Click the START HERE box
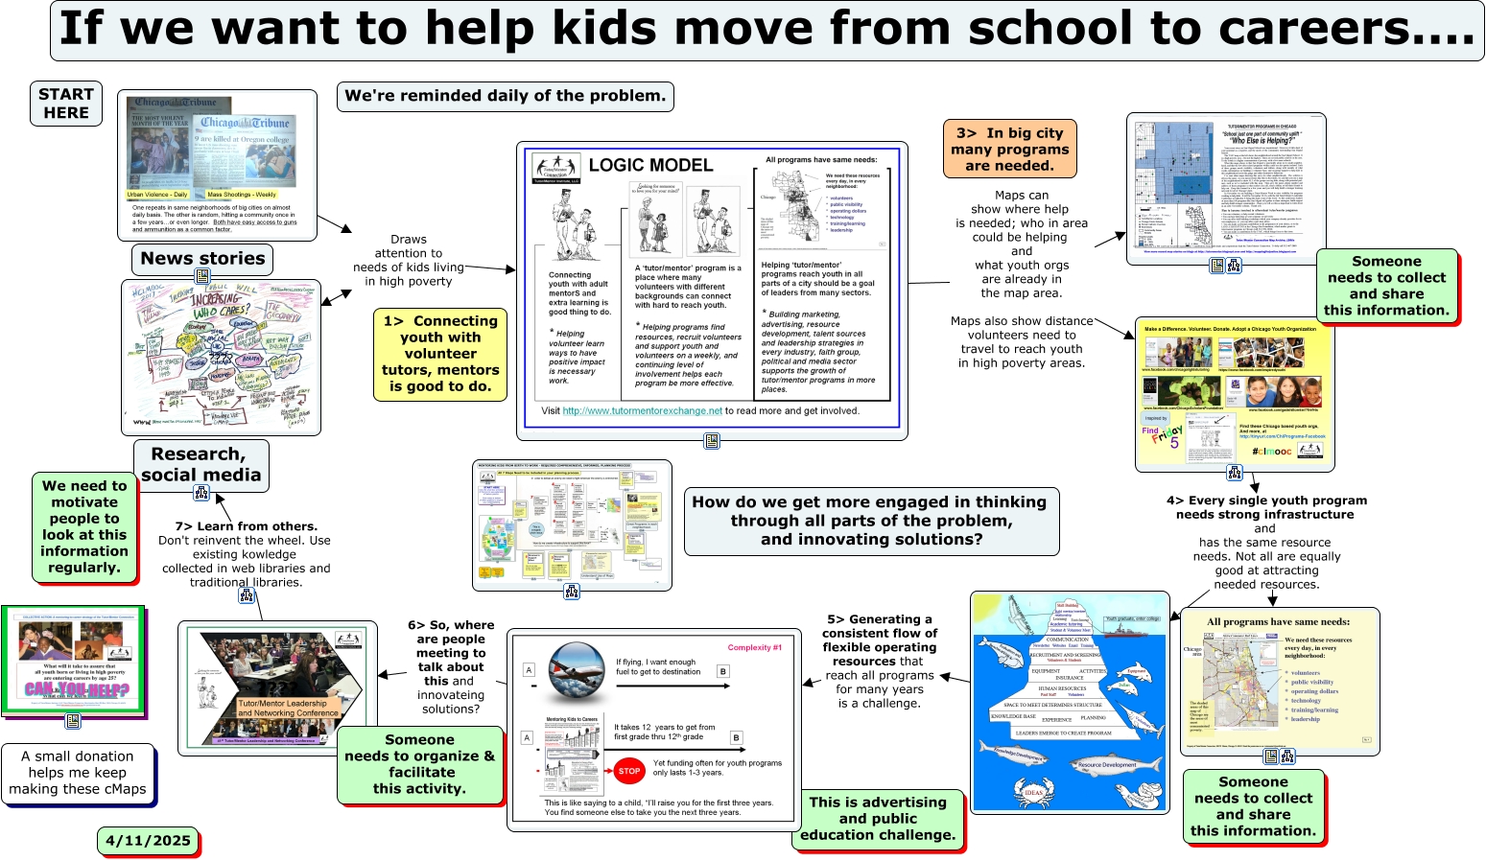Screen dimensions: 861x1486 [66, 104]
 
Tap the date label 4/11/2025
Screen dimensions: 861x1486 [148, 841]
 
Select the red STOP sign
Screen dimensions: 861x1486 [629, 770]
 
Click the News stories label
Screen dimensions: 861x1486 [202, 259]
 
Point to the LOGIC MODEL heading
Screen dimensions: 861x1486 [650, 165]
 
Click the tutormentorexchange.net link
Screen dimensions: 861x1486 [642, 411]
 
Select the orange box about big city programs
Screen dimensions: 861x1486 [1009, 150]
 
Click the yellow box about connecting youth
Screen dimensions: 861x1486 [440, 354]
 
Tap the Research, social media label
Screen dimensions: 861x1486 [200, 465]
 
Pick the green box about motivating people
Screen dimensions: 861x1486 [84, 526]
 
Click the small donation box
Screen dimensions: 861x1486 [78, 773]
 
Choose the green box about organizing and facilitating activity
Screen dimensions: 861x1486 [420, 764]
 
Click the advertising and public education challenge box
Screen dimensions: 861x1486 [878, 819]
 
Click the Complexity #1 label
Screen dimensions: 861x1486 [754, 647]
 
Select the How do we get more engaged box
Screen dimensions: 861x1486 [870, 521]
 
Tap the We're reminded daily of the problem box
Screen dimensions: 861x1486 [505, 96]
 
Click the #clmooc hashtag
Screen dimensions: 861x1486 [1271, 451]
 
